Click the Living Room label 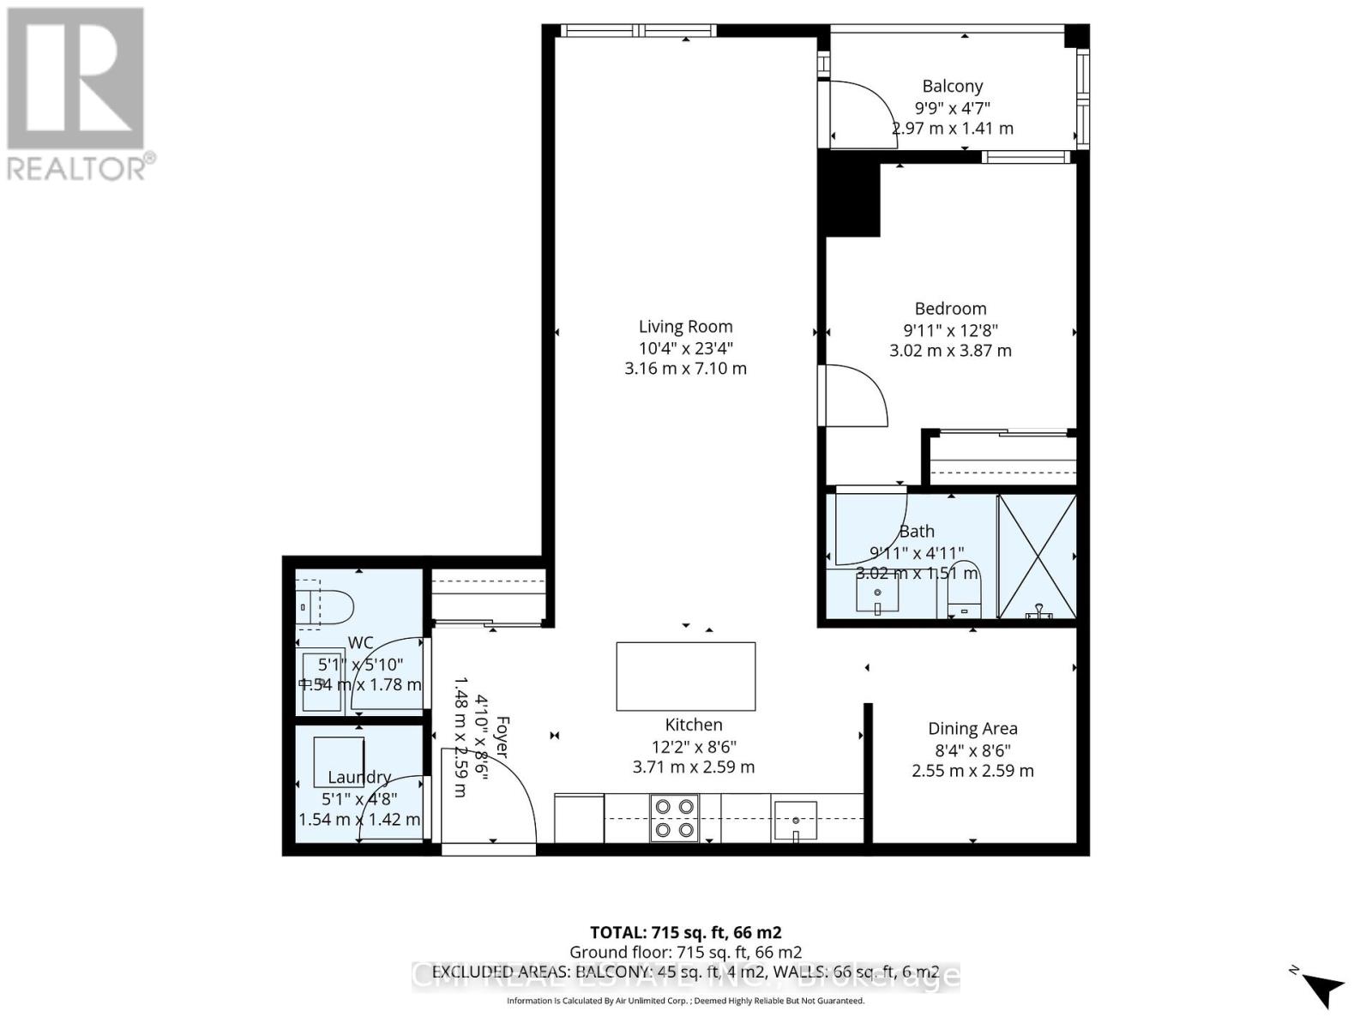(685, 326)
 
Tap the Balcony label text (952, 86)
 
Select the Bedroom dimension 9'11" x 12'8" (950, 330)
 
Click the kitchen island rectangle (685, 676)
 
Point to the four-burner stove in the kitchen (674, 818)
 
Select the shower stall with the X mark (1038, 556)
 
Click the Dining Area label (972, 728)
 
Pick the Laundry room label (359, 777)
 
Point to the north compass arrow (1323, 989)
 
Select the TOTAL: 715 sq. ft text (685, 932)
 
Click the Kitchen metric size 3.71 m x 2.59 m (693, 767)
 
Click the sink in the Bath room (876, 594)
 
